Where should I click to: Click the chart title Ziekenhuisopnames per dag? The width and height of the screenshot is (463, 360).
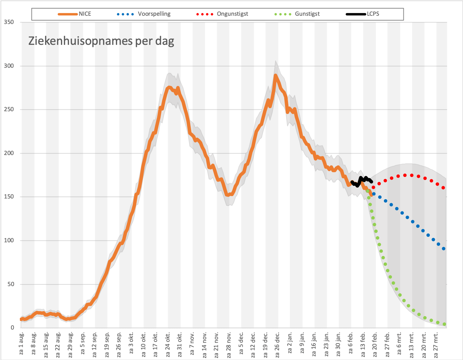coord(101,41)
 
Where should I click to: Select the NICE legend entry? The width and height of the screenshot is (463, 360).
coord(74,14)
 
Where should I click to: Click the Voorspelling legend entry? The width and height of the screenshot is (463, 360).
coord(143,14)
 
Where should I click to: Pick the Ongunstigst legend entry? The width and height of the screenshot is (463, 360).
coord(222,14)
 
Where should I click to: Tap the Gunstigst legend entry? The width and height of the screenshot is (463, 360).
coord(297,14)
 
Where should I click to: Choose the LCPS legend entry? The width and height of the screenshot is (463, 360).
coord(362,14)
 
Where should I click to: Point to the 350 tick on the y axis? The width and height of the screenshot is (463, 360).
coord(9,22)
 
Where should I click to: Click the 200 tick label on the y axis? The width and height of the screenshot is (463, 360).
coord(9,153)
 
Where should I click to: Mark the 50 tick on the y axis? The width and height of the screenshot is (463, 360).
coord(11,284)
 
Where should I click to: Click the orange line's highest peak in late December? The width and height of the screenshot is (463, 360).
coord(275,75)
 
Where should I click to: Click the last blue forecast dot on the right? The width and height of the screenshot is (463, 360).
coord(443,249)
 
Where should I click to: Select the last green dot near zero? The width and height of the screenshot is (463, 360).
coord(445,324)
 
